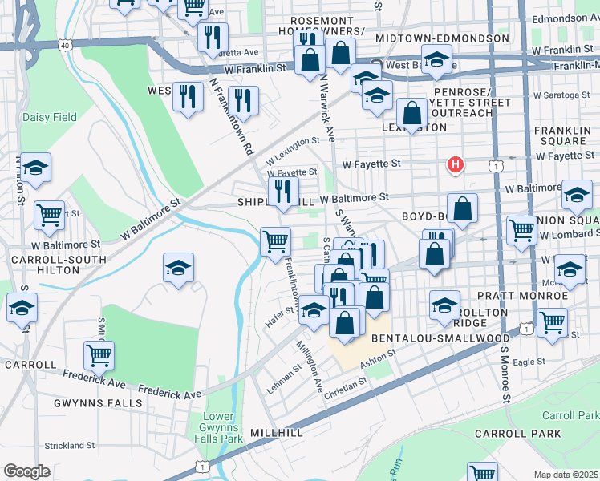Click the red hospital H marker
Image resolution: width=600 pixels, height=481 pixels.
[x=456, y=166]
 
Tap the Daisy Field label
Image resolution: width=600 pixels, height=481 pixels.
[x=50, y=117]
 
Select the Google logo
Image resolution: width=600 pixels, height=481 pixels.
[x=26, y=471]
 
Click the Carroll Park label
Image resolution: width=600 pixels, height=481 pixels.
[x=570, y=415]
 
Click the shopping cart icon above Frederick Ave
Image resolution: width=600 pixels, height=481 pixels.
[x=99, y=354]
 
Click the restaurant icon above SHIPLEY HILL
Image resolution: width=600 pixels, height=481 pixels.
[x=282, y=191]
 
